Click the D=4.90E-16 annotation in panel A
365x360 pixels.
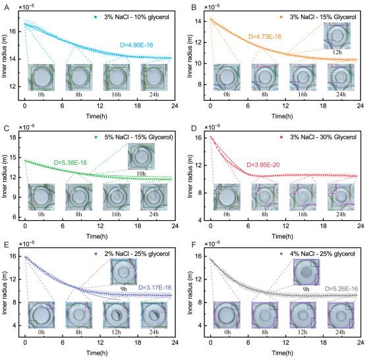(136, 45)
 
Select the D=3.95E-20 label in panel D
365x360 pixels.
(263, 165)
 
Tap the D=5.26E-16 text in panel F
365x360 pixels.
(341, 289)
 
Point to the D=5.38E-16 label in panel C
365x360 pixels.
(70, 162)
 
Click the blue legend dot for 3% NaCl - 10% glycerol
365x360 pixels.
(96, 17)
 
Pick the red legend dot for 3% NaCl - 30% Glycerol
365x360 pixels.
(281, 137)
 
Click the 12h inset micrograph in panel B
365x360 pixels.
(337, 36)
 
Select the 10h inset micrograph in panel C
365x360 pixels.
(141, 156)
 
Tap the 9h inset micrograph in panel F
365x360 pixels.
(306, 272)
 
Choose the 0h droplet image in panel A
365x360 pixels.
(42, 77)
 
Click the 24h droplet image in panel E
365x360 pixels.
(154, 315)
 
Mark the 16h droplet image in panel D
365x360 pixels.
(302, 197)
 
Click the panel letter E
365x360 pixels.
(7, 245)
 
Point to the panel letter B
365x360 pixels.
(194, 8)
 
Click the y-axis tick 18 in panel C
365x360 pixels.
(13, 138)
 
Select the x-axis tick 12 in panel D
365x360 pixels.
(286, 225)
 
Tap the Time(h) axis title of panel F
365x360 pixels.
(282, 353)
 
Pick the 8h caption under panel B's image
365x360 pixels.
(265, 94)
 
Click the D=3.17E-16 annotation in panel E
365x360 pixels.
(155, 287)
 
